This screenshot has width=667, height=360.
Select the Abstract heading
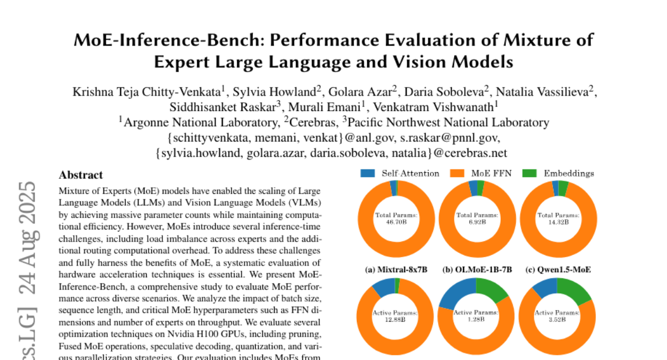(x=81, y=175)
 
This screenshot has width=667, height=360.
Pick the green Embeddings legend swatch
(x=530, y=173)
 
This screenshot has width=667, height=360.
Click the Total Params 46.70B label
(x=396, y=217)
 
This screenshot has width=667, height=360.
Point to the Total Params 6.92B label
(x=477, y=217)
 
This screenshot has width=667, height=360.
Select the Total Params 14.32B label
(x=559, y=217)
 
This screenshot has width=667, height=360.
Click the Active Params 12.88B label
(x=396, y=316)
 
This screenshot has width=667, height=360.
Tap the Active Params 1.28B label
(x=477, y=316)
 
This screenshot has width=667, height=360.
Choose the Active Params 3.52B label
(x=559, y=316)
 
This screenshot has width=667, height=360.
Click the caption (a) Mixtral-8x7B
(x=396, y=270)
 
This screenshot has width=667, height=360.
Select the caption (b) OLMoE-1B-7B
(x=477, y=270)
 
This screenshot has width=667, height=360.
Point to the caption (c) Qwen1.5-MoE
(x=558, y=270)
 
